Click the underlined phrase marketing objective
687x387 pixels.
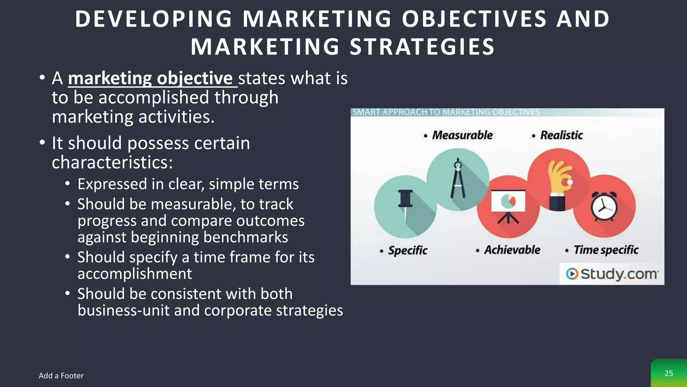click(150, 78)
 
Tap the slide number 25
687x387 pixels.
click(669, 373)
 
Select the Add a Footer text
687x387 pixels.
click(61, 376)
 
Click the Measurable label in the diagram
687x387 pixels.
click(462, 135)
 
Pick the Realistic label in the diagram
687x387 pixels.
click(561, 135)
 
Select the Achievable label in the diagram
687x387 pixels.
click(512, 250)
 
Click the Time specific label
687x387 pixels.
click(605, 250)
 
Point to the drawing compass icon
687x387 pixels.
click(458, 180)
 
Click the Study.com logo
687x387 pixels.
click(612, 274)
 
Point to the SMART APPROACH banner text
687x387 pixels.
click(446, 112)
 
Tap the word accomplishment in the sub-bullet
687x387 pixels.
click(135, 273)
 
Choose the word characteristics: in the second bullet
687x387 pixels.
click(112, 162)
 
